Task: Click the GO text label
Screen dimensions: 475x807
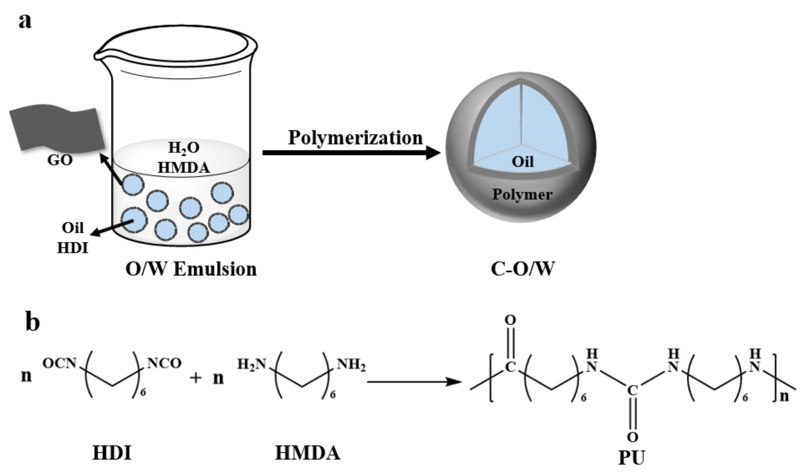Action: [60, 160]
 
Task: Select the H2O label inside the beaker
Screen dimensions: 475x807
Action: [184, 148]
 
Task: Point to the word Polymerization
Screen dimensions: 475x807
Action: [355, 137]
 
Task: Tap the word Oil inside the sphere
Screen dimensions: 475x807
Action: [523, 162]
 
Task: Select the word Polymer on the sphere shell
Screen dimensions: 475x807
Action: [522, 194]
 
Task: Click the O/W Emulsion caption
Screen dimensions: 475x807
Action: [191, 269]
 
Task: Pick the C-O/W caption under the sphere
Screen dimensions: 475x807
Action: [523, 269]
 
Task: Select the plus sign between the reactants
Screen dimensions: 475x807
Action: [196, 377]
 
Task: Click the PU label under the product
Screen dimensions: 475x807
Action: [632, 458]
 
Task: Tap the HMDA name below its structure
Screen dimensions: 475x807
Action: [308, 453]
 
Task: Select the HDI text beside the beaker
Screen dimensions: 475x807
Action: [73, 248]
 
